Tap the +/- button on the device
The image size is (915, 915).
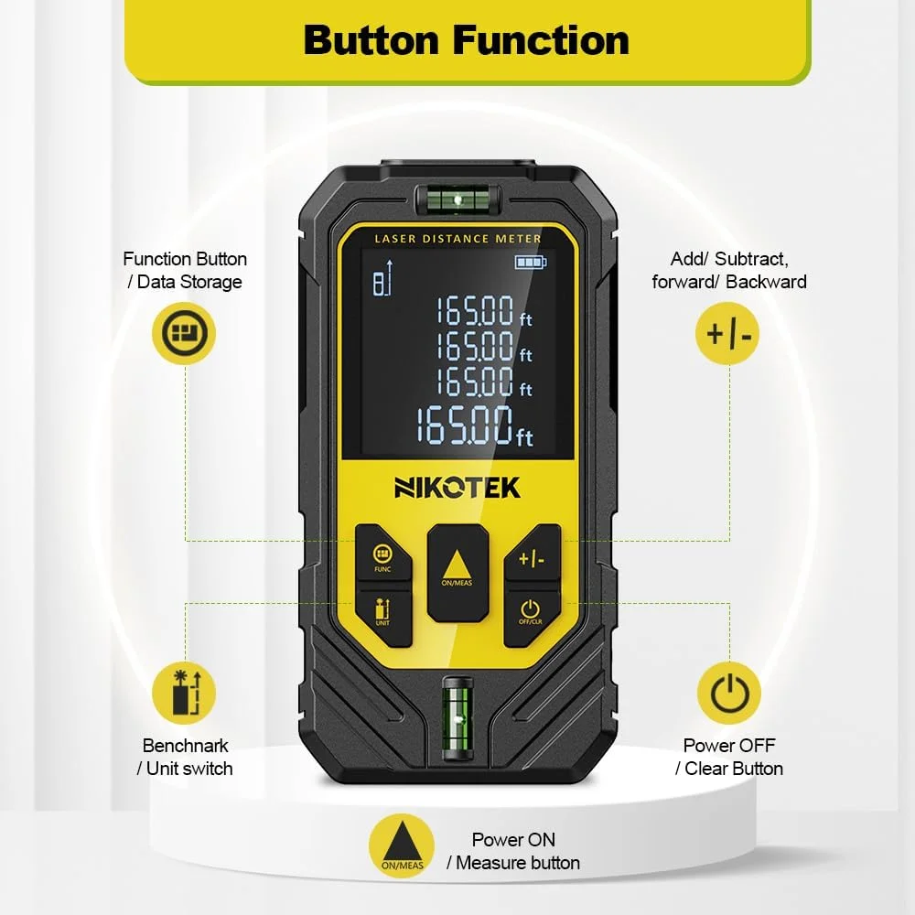(x=533, y=552)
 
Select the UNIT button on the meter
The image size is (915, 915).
(x=382, y=616)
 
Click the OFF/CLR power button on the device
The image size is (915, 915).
(x=531, y=615)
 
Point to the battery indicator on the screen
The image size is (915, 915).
(x=531, y=262)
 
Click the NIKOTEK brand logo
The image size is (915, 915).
(x=457, y=488)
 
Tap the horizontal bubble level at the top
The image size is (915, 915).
(x=458, y=199)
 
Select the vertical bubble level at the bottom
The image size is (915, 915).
(x=457, y=718)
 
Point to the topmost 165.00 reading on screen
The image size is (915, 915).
(x=484, y=310)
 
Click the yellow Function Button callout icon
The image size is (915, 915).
(x=184, y=334)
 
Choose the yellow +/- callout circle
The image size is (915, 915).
(x=727, y=334)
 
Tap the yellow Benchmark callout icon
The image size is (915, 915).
(x=184, y=694)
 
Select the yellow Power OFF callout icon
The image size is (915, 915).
(x=729, y=694)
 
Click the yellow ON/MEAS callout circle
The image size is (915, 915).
(x=402, y=846)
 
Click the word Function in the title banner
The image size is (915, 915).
(x=541, y=40)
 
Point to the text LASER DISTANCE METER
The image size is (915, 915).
(x=458, y=239)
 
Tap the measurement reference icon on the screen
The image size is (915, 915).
(x=382, y=278)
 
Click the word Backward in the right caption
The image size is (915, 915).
(x=766, y=282)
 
